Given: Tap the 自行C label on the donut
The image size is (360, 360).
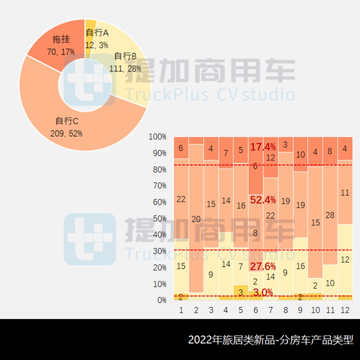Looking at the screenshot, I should pos(67,121).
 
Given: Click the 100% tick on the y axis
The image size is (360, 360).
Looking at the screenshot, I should pos(157,137).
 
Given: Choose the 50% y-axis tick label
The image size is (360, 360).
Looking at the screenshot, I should pos(159,218).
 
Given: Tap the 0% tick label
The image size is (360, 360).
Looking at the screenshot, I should pos(161,300).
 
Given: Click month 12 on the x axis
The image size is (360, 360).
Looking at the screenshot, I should pos(345,310).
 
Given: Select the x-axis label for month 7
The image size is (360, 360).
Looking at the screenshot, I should pos(270,310).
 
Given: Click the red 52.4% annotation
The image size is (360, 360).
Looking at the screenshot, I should pos(263,200).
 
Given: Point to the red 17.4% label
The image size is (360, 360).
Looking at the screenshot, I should pos(263,147).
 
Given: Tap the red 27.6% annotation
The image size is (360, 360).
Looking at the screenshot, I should pos(263,266).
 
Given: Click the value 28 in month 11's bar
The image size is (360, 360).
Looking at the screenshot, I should pos(330,215).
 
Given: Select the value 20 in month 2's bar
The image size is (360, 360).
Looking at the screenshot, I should pos(196,219).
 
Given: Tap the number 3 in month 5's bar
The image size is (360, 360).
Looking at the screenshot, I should pos(240,292).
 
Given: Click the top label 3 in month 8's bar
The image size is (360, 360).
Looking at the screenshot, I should pos(285,144).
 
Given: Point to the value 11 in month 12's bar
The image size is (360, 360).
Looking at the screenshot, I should pos(345,193).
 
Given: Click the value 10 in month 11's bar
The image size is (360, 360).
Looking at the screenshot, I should pos(330,283).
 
